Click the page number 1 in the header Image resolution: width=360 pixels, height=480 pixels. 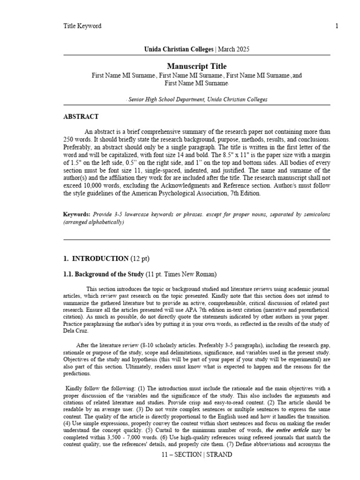337,26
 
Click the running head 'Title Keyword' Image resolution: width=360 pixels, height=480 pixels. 82,26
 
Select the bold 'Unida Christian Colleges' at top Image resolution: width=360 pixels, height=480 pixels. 173,49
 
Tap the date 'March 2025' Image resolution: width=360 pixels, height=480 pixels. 233,49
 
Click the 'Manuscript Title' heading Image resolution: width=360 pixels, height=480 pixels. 196,66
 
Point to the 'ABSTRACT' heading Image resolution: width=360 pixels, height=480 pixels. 81,117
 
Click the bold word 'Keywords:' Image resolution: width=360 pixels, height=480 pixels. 77,215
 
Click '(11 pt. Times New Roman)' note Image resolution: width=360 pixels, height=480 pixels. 181,274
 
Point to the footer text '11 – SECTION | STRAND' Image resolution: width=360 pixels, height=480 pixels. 196,455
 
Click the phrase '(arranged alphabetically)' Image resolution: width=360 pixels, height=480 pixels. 94,222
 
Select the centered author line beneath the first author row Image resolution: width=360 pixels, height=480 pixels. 196,83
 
